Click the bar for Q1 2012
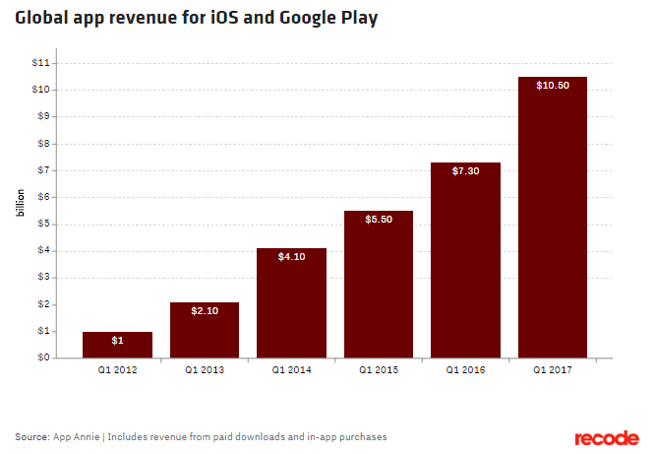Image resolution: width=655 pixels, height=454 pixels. pos(117,345)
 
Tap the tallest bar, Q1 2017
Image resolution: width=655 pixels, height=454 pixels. pos(553,217)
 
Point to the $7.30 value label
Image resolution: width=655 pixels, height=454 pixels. pos(465,171)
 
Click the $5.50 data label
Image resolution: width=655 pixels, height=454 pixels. pos(379,220)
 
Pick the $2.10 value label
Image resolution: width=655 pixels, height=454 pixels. pos(204,311)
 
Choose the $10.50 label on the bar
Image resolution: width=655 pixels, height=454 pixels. pos(552,86)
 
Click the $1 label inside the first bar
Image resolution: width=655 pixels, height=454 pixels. pos(117,340)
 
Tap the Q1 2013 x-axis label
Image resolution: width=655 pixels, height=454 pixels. pos(204,371)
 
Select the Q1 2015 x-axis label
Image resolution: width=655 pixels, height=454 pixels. pos(379,371)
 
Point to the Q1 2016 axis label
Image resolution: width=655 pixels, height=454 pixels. pos(465,371)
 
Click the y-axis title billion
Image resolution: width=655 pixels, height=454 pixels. pos(19,211)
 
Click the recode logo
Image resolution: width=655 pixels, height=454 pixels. pos(607,437)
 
